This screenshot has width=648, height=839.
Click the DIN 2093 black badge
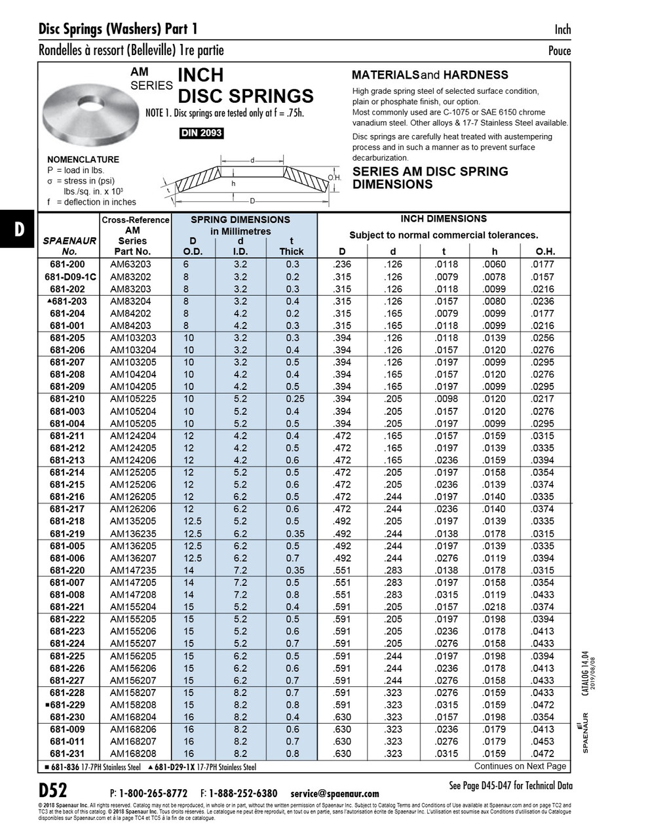point(201,133)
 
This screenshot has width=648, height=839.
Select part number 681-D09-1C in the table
point(70,277)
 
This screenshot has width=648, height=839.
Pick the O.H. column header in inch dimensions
point(545,251)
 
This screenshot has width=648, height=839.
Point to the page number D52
point(52,789)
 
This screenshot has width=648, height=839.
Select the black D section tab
point(19,229)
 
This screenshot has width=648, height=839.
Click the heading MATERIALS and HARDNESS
point(430,75)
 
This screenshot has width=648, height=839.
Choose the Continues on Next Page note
point(520,766)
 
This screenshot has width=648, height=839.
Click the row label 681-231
point(67,754)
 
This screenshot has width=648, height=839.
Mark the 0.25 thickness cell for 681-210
point(292,399)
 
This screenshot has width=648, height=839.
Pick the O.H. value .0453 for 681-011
point(543,741)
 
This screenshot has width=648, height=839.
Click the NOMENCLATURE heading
point(83,159)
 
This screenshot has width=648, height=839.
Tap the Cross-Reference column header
point(136,220)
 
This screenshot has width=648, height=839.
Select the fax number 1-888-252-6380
point(243,793)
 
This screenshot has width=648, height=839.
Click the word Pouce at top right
point(559,50)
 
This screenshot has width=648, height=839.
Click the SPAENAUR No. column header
point(69,246)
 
